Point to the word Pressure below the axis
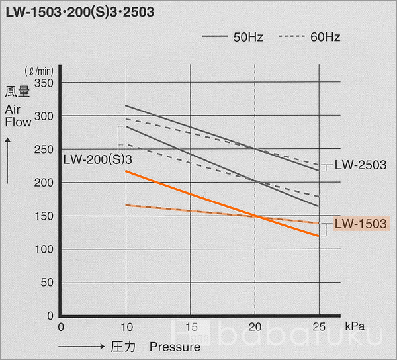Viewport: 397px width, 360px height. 175,347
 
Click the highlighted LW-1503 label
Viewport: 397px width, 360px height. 360,224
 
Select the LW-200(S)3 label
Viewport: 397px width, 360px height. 98,159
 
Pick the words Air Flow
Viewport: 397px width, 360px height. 18,115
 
